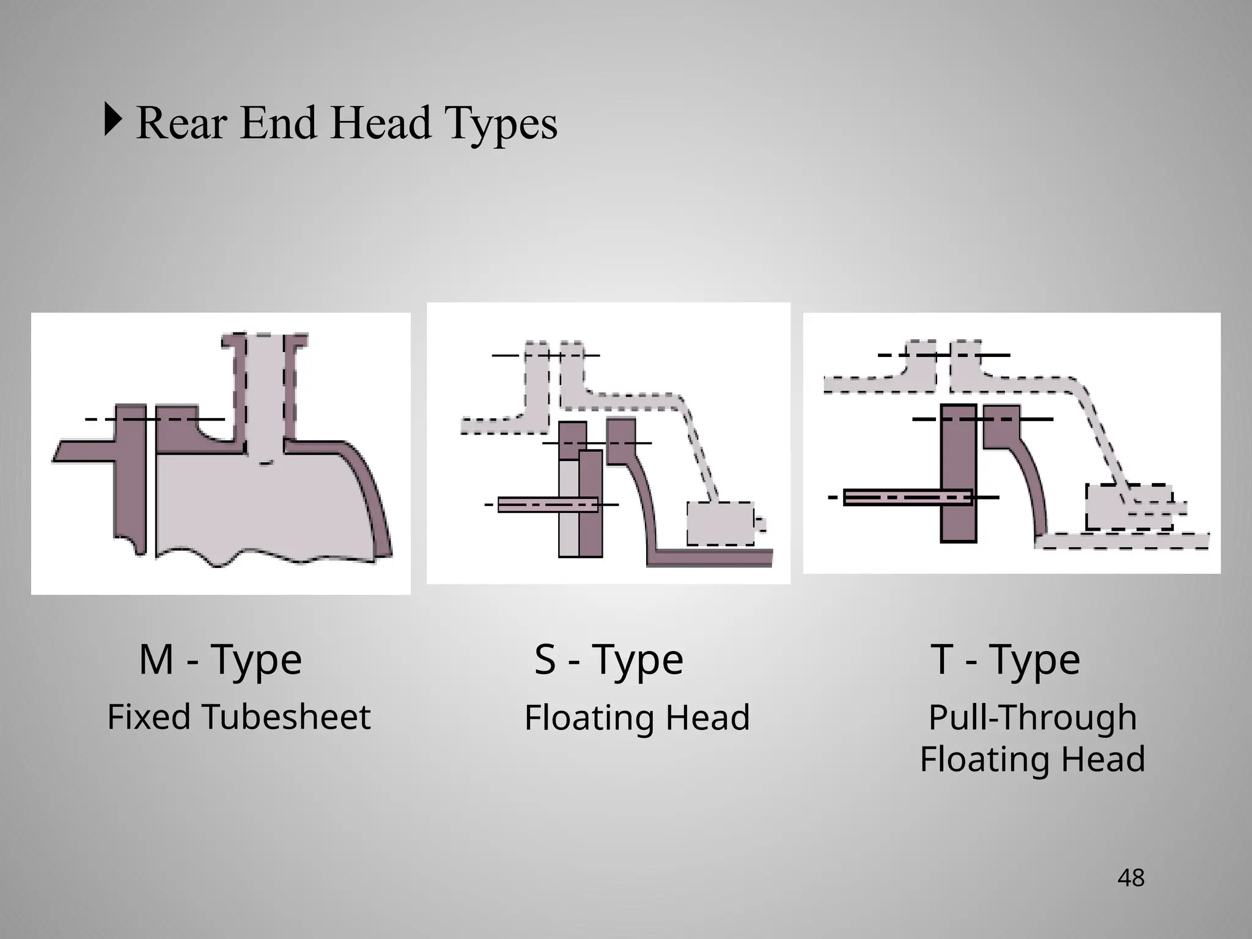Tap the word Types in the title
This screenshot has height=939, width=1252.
coord(501,124)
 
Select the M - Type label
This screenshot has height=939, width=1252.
coord(220,660)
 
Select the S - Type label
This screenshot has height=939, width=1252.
coord(609,660)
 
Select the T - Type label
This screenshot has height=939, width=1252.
coord(1006,660)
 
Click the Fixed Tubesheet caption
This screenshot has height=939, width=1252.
coord(239,717)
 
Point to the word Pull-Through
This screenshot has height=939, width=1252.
coord(1033,717)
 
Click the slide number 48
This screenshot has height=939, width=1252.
coord(1130,878)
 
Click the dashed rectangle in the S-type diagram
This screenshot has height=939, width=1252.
coord(720,523)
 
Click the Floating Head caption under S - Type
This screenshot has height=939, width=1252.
coord(637,718)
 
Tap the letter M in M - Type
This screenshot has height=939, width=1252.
coord(156,660)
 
